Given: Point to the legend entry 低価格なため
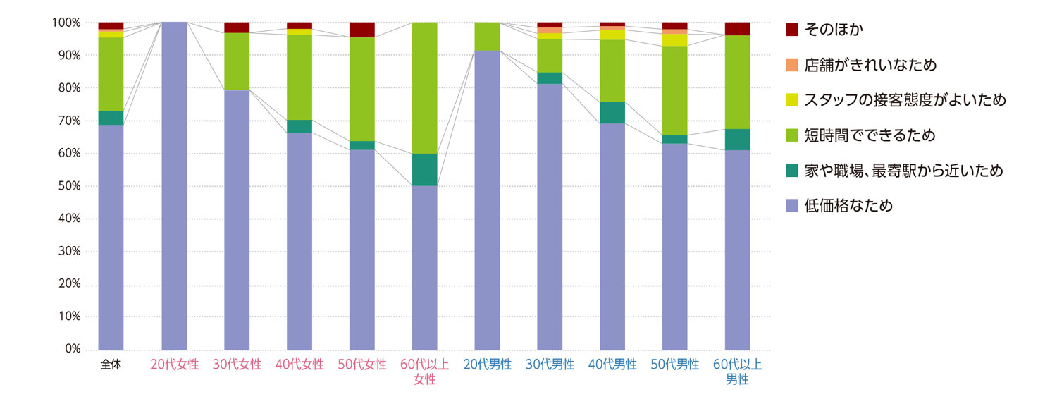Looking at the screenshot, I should click(x=848, y=205).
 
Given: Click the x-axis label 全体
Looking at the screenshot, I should click(x=111, y=365).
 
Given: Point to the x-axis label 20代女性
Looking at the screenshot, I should click(x=175, y=365).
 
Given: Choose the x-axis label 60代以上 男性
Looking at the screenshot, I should click(x=737, y=372).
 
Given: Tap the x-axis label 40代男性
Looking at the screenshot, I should click(x=612, y=365).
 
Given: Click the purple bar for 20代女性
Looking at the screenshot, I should click(x=174, y=186).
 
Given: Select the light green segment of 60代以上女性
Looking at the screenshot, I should click(x=424, y=88).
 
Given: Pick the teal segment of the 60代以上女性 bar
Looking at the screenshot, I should click(x=424, y=170).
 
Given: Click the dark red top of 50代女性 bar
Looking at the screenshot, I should click(x=362, y=30).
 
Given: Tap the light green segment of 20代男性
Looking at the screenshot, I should click(x=487, y=37).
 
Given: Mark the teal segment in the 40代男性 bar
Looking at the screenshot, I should click(x=612, y=113).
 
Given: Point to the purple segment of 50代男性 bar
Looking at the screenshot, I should click(x=674, y=247).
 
